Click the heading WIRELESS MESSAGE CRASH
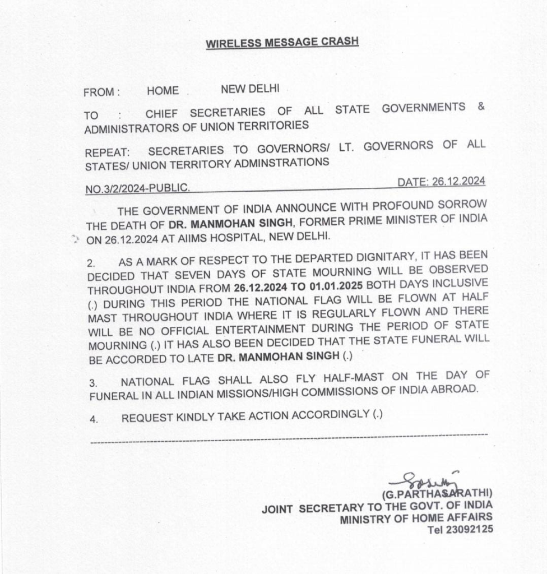click(x=282, y=43)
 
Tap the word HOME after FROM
click(x=163, y=91)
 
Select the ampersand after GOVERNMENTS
click(x=481, y=107)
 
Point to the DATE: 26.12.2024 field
click(x=441, y=182)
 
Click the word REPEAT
click(x=107, y=152)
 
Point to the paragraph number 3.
click(x=93, y=383)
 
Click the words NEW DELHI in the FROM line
click(x=250, y=89)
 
